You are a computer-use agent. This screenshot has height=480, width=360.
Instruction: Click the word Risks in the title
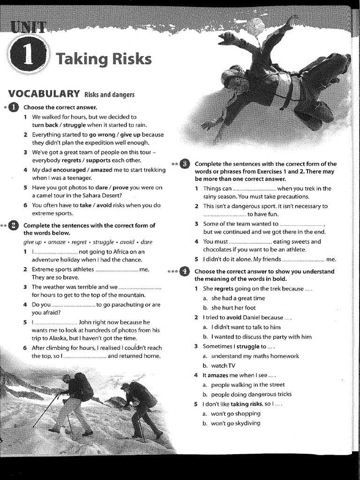(131, 60)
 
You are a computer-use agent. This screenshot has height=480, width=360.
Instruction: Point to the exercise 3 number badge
(184, 164)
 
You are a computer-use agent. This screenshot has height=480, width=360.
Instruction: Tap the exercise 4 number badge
(184, 271)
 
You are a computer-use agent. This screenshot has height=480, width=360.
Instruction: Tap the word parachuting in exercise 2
(127, 304)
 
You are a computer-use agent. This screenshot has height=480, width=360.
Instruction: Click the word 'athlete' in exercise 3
(294, 250)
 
